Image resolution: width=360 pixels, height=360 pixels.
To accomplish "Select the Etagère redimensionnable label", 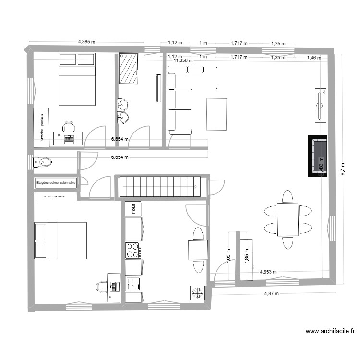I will pos(56,183).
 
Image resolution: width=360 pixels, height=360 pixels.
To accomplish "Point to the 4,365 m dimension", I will pos(86,42).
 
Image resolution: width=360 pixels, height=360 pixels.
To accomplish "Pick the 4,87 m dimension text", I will pos(271,293).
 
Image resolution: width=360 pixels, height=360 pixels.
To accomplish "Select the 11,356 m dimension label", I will pos(183,61).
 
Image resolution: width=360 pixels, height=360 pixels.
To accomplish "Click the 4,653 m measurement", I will pos(268,271).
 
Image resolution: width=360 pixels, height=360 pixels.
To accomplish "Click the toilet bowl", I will pos(43,163).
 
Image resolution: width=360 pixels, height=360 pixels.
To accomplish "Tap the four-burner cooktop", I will pos(133,251).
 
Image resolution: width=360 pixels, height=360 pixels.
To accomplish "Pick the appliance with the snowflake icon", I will pos(196,293).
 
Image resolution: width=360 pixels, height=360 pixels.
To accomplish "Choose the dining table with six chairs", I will pos(288,219).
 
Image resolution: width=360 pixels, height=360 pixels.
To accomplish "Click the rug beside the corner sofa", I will pos(216,114).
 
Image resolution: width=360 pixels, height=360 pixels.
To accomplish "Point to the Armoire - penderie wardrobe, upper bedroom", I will pos(41,126).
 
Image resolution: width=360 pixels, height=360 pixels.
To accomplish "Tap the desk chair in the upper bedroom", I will pos(69,127).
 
